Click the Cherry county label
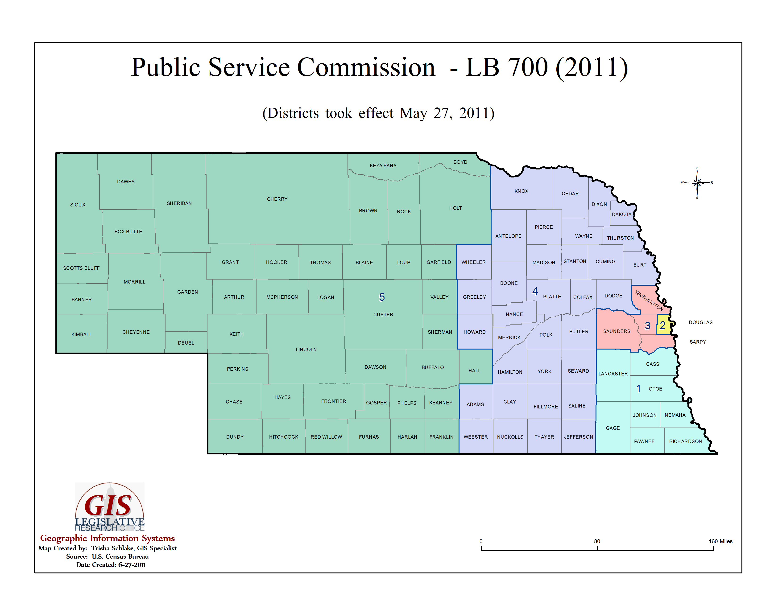[x=277, y=199]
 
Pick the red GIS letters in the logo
[x=108, y=506]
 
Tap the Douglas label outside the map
[x=700, y=322]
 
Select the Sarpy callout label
[x=698, y=342]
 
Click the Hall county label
[x=475, y=371]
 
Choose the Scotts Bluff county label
[x=81, y=268]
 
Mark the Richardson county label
[x=685, y=441]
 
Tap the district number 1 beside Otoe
[x=638, y=388]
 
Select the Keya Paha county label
[x=383, y=165]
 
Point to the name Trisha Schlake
[x=112, y=548]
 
